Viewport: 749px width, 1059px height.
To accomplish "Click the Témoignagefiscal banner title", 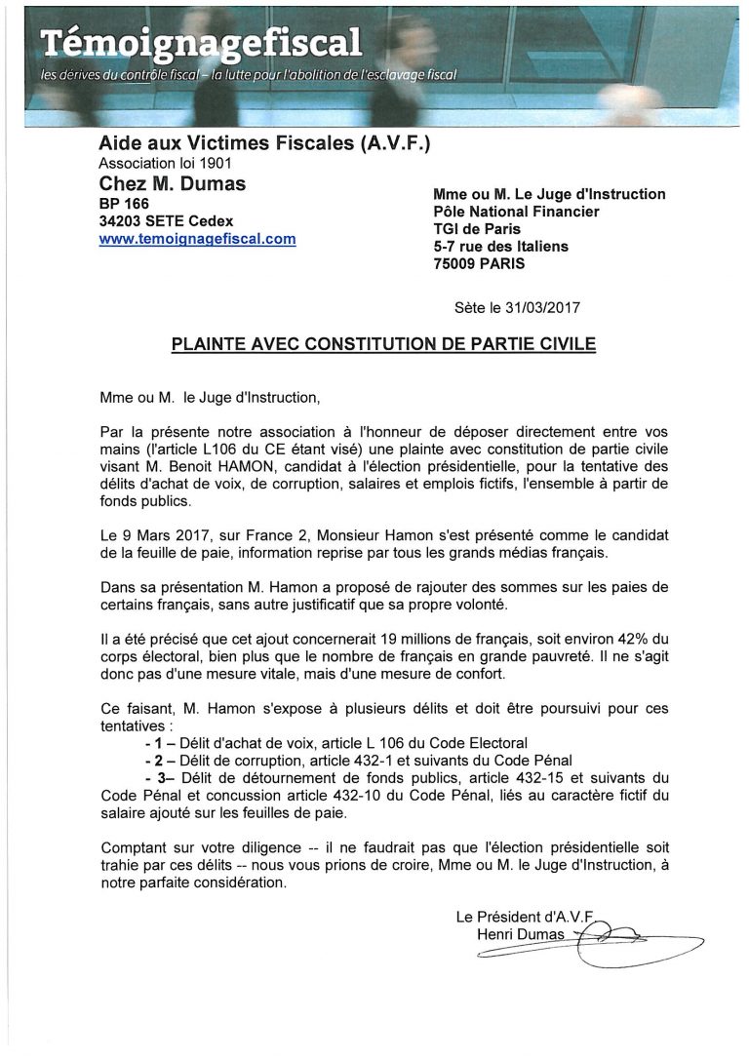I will point(201,42).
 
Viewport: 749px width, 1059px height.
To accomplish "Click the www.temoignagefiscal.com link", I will point(197,239).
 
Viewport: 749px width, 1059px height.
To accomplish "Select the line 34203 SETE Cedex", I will point(166,221).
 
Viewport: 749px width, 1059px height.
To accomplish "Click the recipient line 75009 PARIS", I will point(479,263).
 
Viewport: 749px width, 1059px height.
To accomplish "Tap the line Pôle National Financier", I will point(516,212).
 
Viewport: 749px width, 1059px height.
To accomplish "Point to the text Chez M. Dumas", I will point(173,183).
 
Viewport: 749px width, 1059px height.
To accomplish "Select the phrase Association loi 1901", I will point(166,163).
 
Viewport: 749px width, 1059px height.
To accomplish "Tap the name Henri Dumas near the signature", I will point(521,934).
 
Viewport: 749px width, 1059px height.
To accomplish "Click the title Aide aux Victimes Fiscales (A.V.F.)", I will point(264,144).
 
